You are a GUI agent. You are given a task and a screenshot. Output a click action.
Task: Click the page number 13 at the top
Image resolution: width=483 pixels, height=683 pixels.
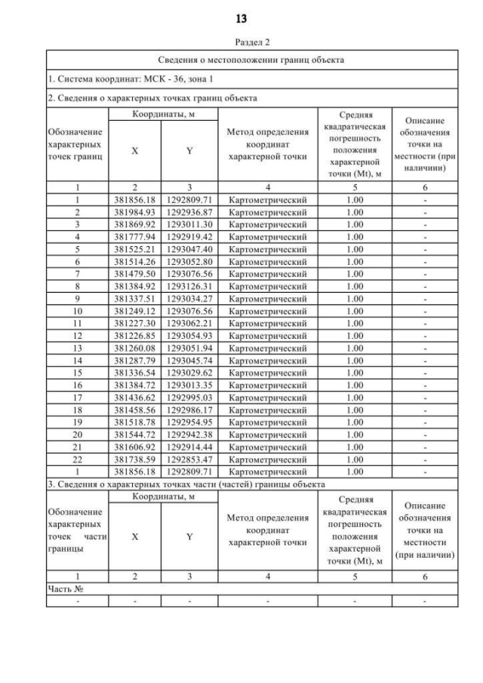tap(241, 17)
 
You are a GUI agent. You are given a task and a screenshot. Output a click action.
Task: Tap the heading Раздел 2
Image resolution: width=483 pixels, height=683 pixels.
tap(241, 43)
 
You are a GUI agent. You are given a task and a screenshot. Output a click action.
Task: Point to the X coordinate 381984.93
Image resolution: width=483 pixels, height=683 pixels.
tap(135, 213)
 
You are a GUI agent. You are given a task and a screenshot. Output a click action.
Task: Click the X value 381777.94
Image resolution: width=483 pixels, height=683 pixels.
tap(135, 235)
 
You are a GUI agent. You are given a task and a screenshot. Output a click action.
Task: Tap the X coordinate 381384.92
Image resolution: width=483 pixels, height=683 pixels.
tap(135, 285)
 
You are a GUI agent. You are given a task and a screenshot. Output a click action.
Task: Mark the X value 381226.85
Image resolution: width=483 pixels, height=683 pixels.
tap(135, 332)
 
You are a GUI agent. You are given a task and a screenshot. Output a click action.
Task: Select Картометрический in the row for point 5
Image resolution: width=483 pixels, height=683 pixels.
tap(268, 248)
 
